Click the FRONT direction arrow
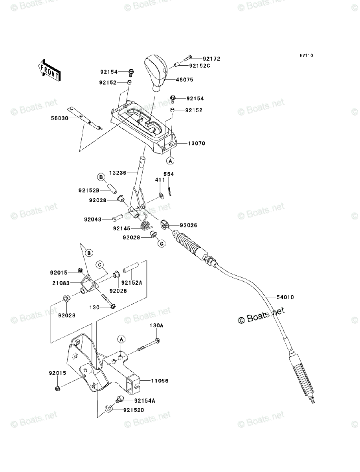(49, 70)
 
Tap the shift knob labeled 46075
(156, 73)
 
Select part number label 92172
(211, 59)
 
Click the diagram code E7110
(306, 55)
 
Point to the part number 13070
(197, 143)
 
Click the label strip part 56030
(85, 118)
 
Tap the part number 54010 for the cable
(285, 297)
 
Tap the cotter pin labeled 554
(169, 192)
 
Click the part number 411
(160, 180)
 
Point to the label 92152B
(89, 190)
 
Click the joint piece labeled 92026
(165, 225)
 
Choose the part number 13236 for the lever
(118, 173)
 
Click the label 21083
(61, 283)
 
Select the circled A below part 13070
(170, 160)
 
